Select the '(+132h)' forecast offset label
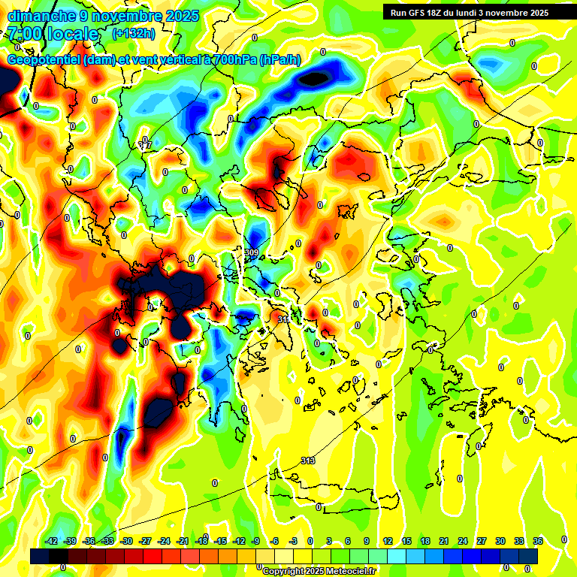pyautogui.click(x=135, y=33)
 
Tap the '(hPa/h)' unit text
pyautogui.click(x=279, y=60)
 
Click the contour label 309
pyautogui.click(x=252, y=252)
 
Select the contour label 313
pyautogui.click(x=308, y=461)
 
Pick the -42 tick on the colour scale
pyautogui.click(x=52, y=541)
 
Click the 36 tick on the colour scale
pyautogui.click(x=538, y=541)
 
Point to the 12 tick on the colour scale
pyautogui.click(x=388, y=541)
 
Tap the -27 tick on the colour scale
pyautogui.click(x=146, y=541)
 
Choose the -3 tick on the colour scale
pyautogui.click(x=294, y=541)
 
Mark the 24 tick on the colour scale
pyautogui.click(x=463, y=541)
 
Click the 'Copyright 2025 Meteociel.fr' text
pyautogui.click(x=319, y=572)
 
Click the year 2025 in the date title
pyautogui.click(x=180, y=16)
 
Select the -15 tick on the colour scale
pyautogui.click(x=221, y=541)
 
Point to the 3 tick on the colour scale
pyautogui.click(x=329, y=541)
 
